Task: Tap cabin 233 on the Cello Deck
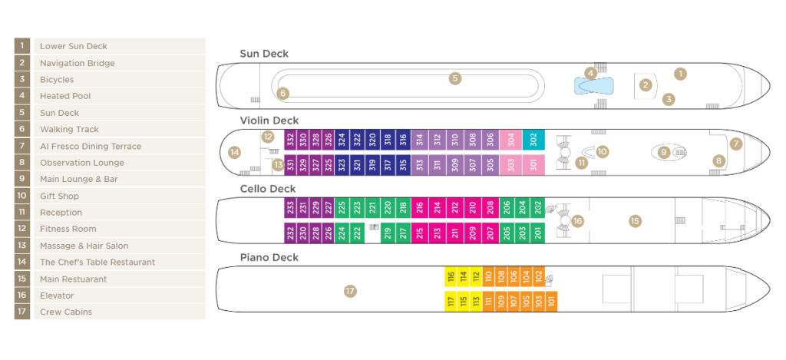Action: click(290, 207)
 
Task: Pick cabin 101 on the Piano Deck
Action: click(551, 301)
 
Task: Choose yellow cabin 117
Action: click(451, 301)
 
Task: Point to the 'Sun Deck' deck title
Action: click(264, 54)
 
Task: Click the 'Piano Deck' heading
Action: click(269, 257)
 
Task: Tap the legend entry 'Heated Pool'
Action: click(65, 96)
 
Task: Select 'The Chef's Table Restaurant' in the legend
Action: click(97, 263)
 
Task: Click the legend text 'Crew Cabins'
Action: click(66, 312)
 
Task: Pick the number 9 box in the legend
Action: click(22, 179)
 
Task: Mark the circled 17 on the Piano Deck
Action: click(350, 291)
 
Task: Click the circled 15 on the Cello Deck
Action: click(635, 221)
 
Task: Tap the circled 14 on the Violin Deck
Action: click(235, 152)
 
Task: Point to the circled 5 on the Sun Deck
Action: click(455, 78)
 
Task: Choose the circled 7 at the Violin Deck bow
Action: click(736, 144)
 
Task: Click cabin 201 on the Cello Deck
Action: click(538, 233)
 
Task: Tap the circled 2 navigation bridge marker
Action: click(646, 84)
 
